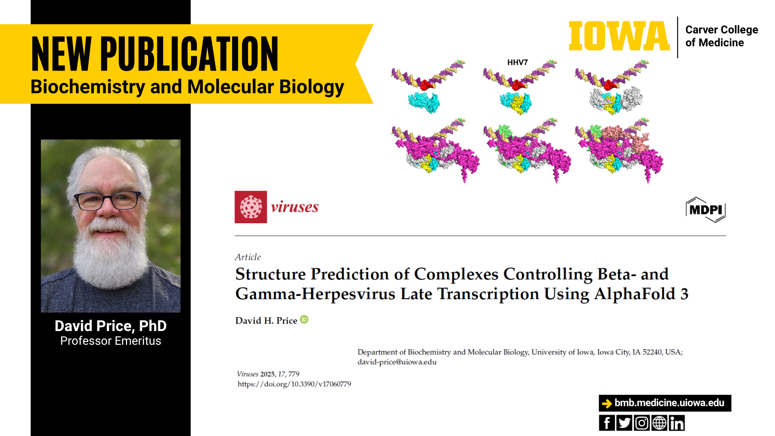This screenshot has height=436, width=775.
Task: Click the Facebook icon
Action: click(607, 423)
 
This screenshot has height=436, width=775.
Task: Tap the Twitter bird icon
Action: click(624, 423)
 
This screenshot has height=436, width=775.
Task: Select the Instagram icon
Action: click(642, 423)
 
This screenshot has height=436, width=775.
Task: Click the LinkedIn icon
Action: click(677, 423)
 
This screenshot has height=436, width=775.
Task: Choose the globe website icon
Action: click(659, 423)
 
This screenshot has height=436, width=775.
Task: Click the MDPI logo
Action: click(706, 210)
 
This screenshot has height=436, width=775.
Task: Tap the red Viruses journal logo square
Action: click(251, 207)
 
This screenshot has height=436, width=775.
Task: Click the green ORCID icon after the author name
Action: click(304, 319)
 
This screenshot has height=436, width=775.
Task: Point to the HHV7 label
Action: click(517, 62)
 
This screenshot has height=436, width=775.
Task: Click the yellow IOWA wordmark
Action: click(619, 36)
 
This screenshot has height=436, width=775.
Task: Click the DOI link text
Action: click(294, 384)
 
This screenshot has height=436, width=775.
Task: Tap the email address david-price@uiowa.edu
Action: click(397, 362)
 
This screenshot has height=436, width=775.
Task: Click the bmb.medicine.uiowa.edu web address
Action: click(669, 403)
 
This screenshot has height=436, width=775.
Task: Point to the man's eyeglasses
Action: click(107, 200)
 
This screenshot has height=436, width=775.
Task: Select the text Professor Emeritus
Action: click(111, 341)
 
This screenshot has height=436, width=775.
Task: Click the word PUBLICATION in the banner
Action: click(189, 54)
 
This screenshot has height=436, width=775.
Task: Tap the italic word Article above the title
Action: click(248, 257)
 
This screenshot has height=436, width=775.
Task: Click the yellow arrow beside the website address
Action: click(607, 403)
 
